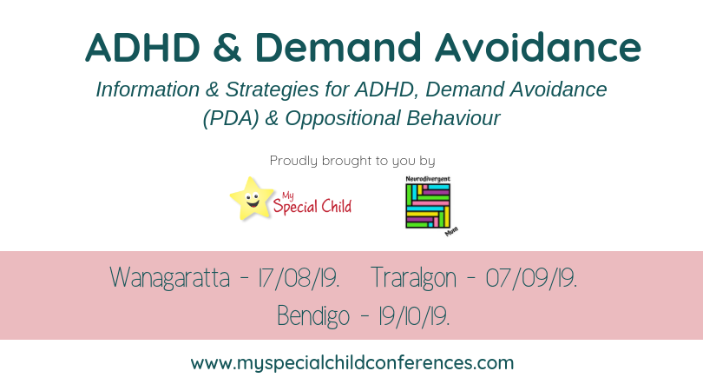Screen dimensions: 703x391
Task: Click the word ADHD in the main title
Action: pyautogui.click(x=143, y=47)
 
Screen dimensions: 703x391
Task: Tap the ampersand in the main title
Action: pyautogui.click(x=227, y=47)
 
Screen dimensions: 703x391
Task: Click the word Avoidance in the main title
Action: pyautogui.click(x=537, y=47)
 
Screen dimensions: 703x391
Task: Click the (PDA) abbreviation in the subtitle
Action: pyautogui.click(x=231, y=119)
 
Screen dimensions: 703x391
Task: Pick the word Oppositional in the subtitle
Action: pyautogui.click(x=343, y=119)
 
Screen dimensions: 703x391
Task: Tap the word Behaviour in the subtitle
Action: pyautogui.click(x=453, y=118)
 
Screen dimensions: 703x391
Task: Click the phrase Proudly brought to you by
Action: pyautogui.click(x=352, y=161)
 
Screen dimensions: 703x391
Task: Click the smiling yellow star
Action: pyautogui.click(x=252, y=198)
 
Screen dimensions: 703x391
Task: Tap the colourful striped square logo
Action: pyautogui.click(x=428, y=206)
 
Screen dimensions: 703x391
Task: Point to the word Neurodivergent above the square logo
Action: pyautogui.click(x=428, y=179)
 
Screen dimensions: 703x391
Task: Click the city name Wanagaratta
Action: pyautogui.click(x=170, y=278)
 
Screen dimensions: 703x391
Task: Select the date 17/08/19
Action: pyautogui.click(x=299, y=278)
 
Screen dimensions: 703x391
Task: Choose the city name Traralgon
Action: pyautogui.click(x=414, y=278)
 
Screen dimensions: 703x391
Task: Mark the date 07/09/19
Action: pyautogui.click(x=531, y=278)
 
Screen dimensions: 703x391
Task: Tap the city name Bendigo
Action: pyautogui.click(x=313, y=316)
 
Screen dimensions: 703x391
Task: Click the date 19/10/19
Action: pyautogui.click(x=414, y=316)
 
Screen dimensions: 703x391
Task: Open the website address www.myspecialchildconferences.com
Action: pyautogui.click(x=352, y=363)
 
